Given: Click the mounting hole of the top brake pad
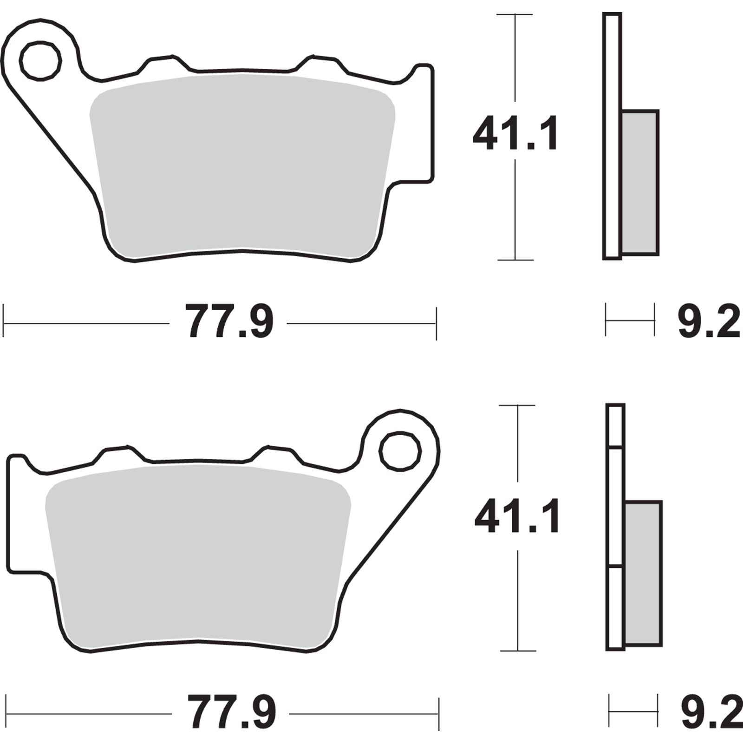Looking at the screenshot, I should point(40,61).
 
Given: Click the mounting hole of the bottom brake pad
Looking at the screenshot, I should point(400,451).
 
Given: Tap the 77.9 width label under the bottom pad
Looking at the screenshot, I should point(231,713).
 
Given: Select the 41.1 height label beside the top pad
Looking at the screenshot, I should point(515,134).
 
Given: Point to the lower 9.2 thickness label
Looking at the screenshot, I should point(710,713).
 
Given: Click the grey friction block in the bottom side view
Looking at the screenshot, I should point(644,573).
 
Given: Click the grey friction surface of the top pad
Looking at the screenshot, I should point(241,167).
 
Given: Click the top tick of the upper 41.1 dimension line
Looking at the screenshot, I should point(515,15).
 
